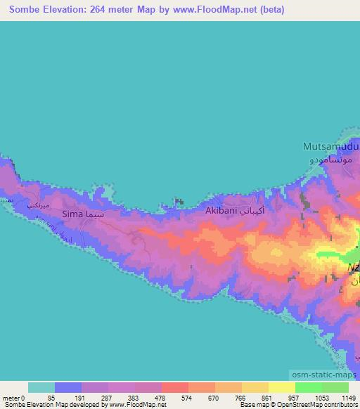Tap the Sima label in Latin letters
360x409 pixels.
(72, 213)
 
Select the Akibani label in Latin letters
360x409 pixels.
(220, 210)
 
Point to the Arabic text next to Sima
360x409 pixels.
(95, 212)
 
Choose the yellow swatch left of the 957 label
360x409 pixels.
(281, 387)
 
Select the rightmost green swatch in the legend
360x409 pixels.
(335, 387)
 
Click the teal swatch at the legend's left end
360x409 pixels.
(41, 387)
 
